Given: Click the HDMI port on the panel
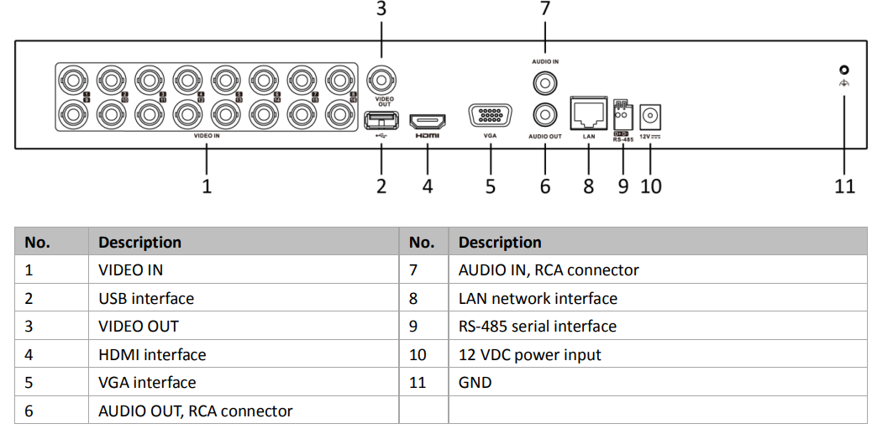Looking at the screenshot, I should (428, 121).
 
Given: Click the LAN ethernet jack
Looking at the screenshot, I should (589, 112).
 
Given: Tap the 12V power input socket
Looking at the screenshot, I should (650, 115).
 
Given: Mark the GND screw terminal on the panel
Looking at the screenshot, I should (844, 71).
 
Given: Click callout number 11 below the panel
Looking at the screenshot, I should (844, 186).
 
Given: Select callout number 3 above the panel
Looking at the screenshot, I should (381, 9).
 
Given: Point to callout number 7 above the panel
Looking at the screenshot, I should (545, 9).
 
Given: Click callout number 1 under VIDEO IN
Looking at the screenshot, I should (207, 186).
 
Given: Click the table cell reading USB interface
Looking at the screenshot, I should (146, 298).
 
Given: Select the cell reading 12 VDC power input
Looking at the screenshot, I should (529, 354).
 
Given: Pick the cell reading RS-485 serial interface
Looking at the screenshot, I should (537, 326).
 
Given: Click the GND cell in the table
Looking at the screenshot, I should (475, 382).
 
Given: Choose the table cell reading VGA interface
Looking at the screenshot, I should (147, 382).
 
